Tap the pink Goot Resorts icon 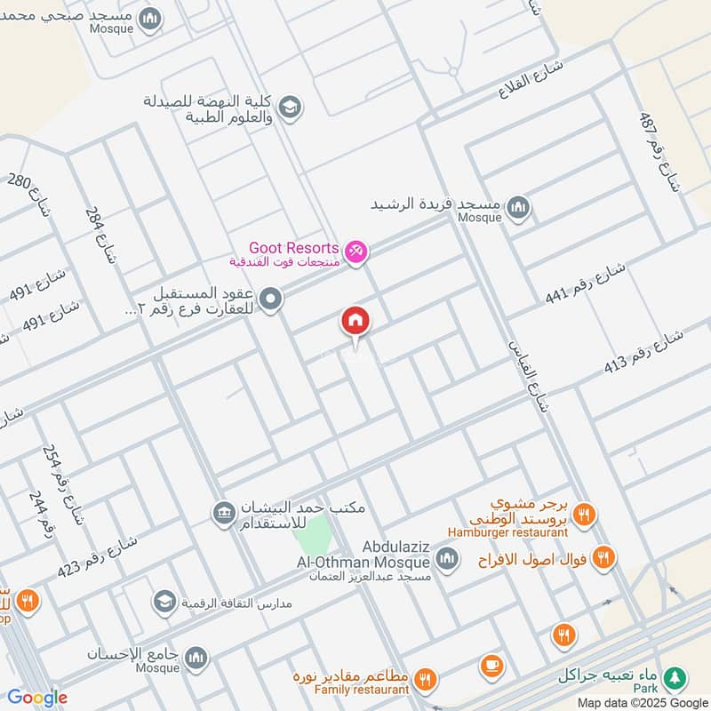tap(356, 253)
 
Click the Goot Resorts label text tap(294, 248)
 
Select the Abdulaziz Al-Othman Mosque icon tap(446, 559)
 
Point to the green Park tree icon tap(676, 676)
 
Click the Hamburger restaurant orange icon tap(584, 515)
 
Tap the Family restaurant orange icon tap(426, 680)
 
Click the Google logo tap(37, 698)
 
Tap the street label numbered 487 tap(659, 152)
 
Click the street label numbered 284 tap(100, 236)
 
